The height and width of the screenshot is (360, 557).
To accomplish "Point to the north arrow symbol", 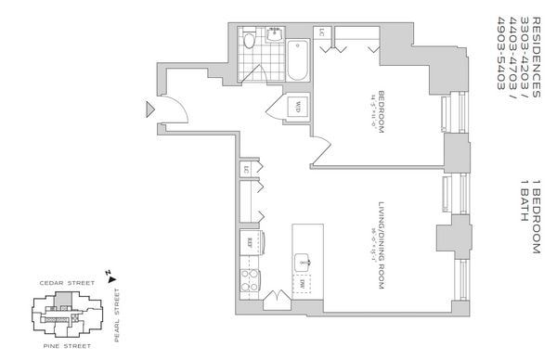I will [110, 275].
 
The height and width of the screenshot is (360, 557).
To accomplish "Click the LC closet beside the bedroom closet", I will [322, 34].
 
